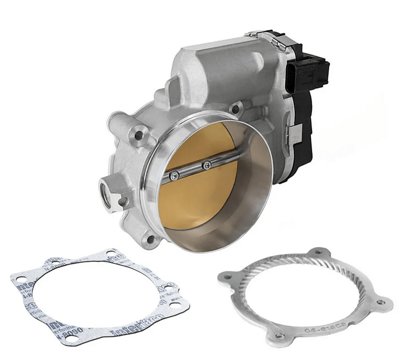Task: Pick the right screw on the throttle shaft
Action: click(x=207, y=164)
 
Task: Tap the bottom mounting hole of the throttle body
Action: click(x=150, y=239)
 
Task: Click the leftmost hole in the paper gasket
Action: click(x=20, y=279)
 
